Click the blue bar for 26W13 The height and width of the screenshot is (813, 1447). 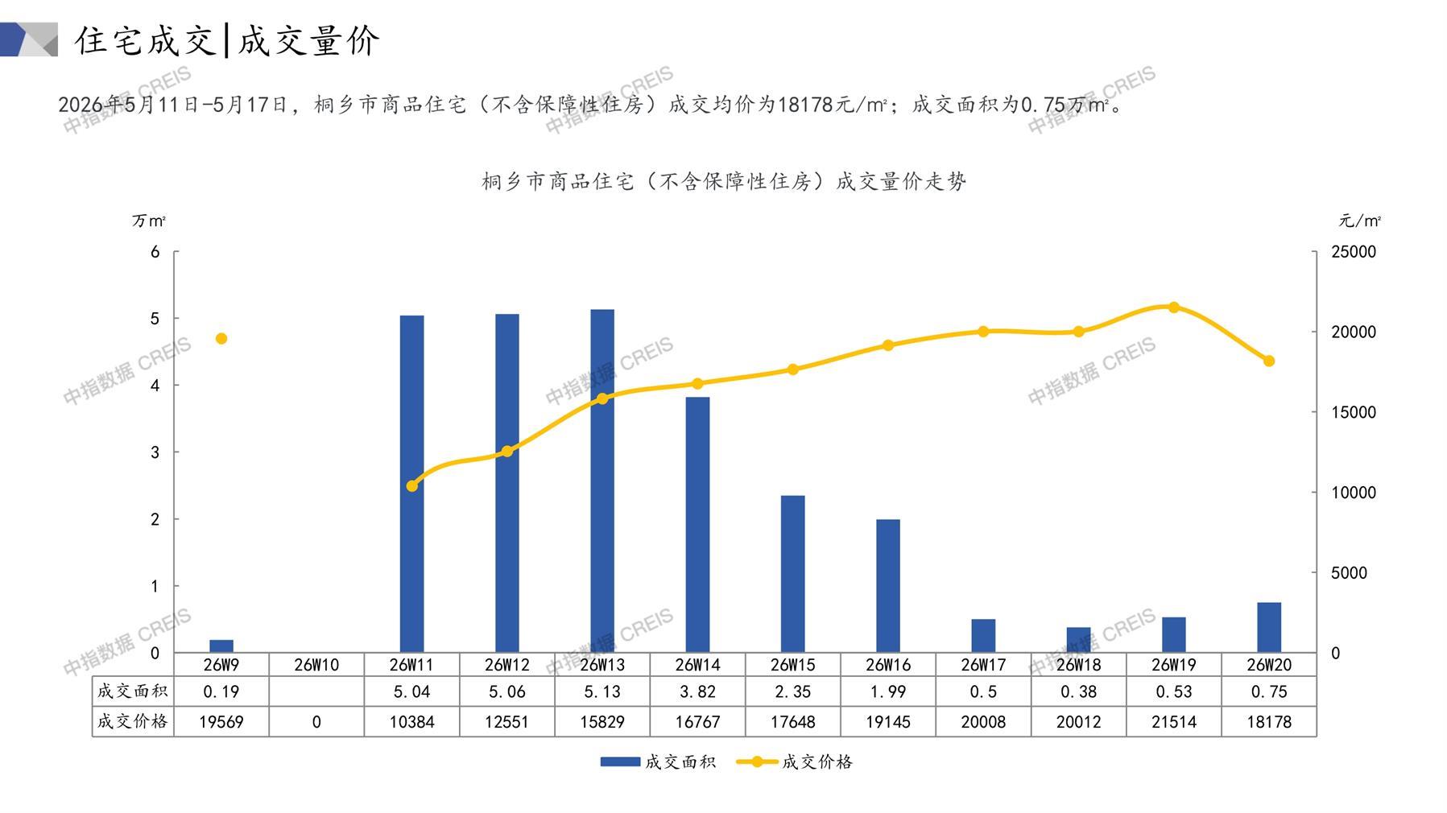(x=602, y=481)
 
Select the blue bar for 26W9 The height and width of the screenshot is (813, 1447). (x=221, y=646)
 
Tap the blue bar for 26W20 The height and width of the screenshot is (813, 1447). (x=1269, y=627)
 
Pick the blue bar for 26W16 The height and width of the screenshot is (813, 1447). (x=888, y=586)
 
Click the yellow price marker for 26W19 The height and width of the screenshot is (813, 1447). (x=1174, y=307)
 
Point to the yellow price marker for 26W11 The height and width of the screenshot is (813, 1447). (x=412, y=486)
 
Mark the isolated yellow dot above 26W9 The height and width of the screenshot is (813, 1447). (x=221, y=339)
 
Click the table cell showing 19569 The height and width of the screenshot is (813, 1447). (x=221, y=722)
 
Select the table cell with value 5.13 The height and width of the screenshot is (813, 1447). (x=602, y=691)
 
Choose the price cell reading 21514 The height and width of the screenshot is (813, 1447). (x=1174, y=722)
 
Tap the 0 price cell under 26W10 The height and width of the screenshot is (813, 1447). (x=316, y=722)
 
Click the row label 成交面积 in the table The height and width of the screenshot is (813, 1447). (x=133, y=691)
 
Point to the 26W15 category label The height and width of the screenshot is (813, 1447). (x=793, y=665)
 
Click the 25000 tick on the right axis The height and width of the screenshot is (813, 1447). (x=1354, y=252)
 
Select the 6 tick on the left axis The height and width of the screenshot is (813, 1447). (x=155, y=252)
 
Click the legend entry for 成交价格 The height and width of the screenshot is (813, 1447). (x=795, y=761)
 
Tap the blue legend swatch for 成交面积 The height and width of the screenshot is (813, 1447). (x=620, y=761)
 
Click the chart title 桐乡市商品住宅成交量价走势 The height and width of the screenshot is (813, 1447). (x=724, y=181)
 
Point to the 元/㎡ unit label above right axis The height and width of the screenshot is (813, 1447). (x=1359, y=221)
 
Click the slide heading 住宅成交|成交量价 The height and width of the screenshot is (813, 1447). (x=227, y=40)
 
